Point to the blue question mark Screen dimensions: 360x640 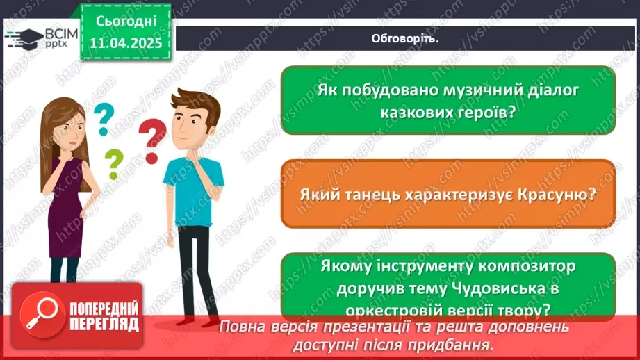point(104,118)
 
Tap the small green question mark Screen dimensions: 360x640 point(113,165)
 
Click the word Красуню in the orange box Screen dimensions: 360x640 point(557,195)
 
